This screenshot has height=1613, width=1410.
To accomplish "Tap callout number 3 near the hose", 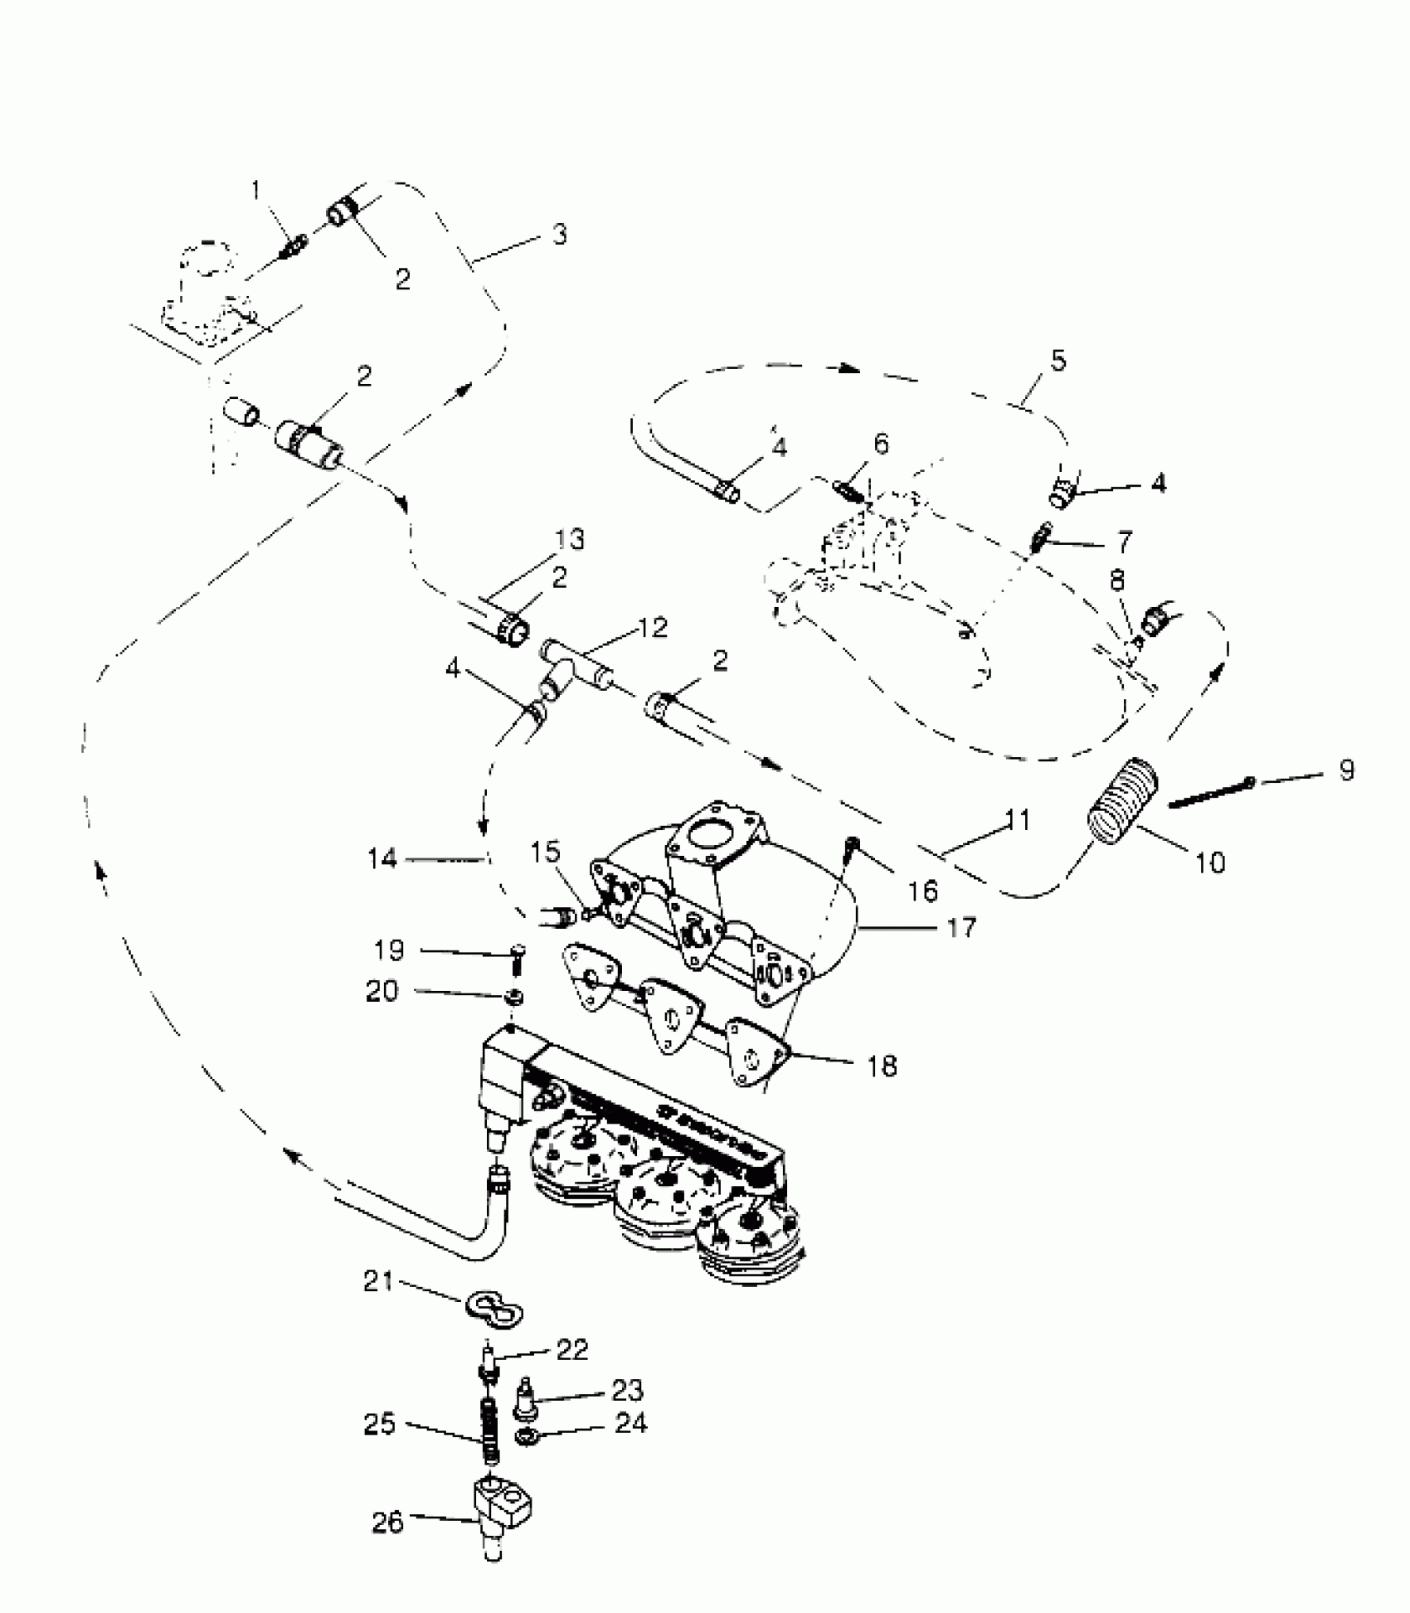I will click(x=560, y=235).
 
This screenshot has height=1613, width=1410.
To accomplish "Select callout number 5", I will click(x=1057, y=362).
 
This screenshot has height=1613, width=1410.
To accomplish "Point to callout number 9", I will click(x=1347, y=770).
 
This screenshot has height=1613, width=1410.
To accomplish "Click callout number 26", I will click(x=388, y=1523).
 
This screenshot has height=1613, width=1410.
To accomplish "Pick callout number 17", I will click(x=961, y=926).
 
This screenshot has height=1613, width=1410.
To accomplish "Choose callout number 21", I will click(x=378, y=1282).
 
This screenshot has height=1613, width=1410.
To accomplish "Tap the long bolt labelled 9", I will click(x=1211, y=792).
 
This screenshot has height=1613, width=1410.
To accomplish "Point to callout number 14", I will click(x=384, y=859).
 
